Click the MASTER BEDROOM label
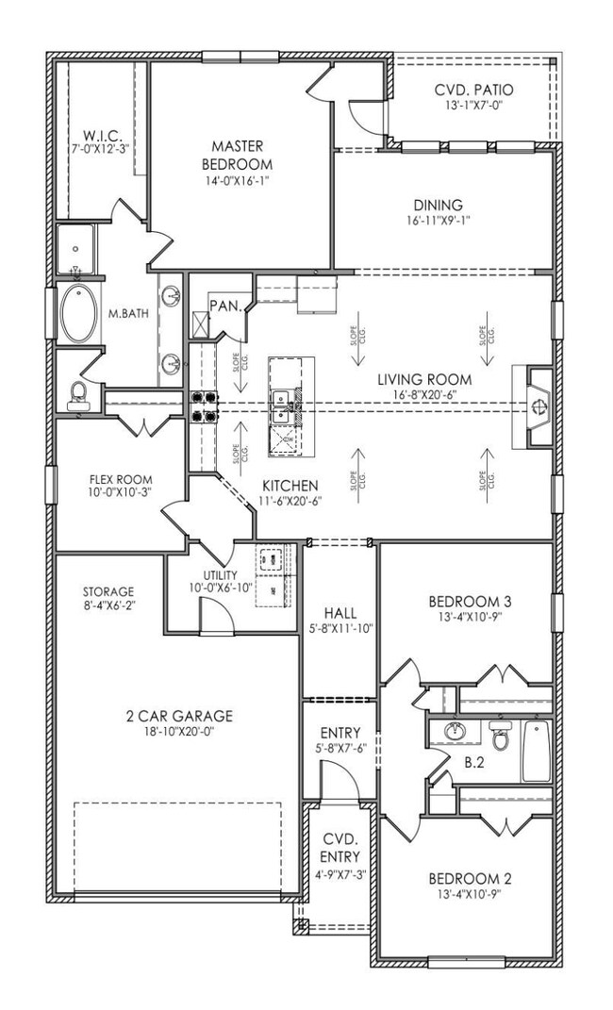tap(237, 155)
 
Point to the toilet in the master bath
tap(77, 395)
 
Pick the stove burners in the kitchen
tap(206, 406)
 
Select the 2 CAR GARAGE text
tap(178, 715)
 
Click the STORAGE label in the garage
tap(108, 591)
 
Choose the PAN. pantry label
tap(224, 306)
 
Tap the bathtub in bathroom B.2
tap(536, 750)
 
